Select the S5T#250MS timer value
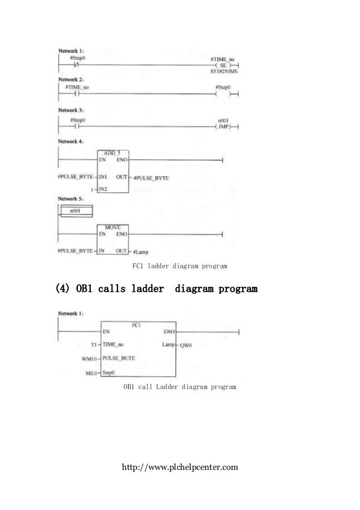pos(223,72)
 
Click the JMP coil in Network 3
pos(225,127)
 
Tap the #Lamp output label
pos(141,251)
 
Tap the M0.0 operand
pos(90,373)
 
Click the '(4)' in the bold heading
pos(64,289)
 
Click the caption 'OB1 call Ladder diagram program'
pos(179,388)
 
